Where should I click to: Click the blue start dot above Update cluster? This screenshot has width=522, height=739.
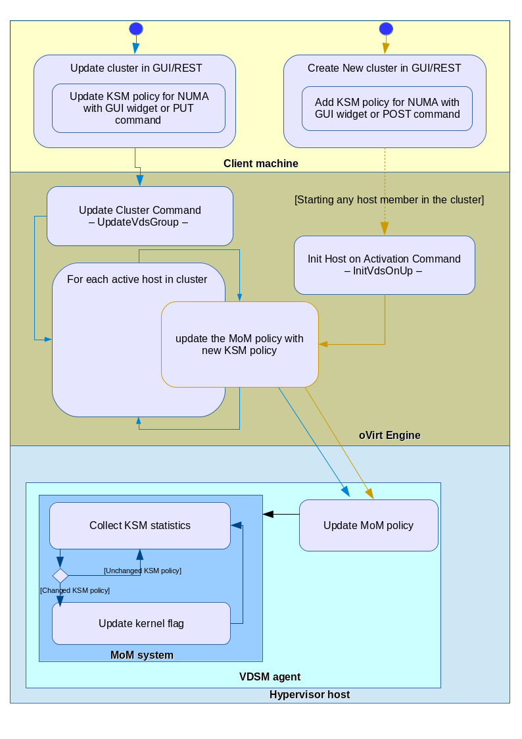[136, 28]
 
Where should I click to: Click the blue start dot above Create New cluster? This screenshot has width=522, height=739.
[386, 28]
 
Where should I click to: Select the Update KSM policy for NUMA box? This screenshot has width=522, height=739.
[139, 109]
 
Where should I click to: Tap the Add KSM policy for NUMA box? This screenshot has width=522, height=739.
[387, 109]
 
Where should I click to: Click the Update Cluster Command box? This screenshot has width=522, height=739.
[140, 216]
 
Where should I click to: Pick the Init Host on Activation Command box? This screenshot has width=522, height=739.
[384, 265]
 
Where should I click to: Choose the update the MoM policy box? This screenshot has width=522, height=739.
[239, 344]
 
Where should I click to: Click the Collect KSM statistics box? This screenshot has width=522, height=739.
[140, 525]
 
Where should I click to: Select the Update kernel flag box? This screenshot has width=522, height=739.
[141, 623]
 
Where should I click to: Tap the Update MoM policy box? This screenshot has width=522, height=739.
[368, 525]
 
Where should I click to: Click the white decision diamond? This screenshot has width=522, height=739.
[60, 576]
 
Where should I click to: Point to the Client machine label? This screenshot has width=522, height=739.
[261, 164]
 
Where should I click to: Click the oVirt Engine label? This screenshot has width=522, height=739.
[390, 435]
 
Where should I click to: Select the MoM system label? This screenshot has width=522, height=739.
[142, 655]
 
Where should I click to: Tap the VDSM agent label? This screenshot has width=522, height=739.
[270, 676]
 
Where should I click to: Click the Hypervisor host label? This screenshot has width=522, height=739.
[310, 694]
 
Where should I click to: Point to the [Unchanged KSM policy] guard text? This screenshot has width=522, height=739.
[143, 571]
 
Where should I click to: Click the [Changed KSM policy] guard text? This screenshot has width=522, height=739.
[75, 590]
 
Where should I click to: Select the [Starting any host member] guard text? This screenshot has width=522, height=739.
[389, 199]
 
